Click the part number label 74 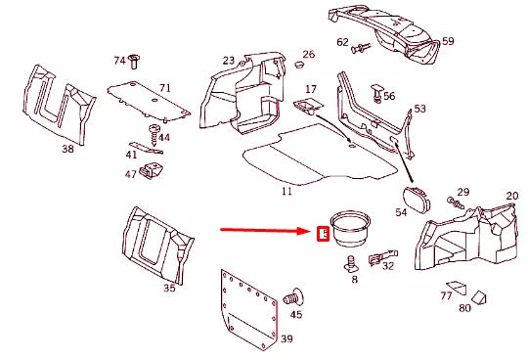point(119,61)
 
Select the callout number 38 point(67,150)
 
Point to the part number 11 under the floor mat point(286,190)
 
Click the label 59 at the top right point(448,41)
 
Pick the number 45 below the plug point(296,314)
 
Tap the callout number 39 point(286,339)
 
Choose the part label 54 point(401,212)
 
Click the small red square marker point(323,234)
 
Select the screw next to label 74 point(135,62)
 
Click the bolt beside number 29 point(455,203)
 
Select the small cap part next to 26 point(294,65)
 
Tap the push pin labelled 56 point(375,94)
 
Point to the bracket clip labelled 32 point(377,259)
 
